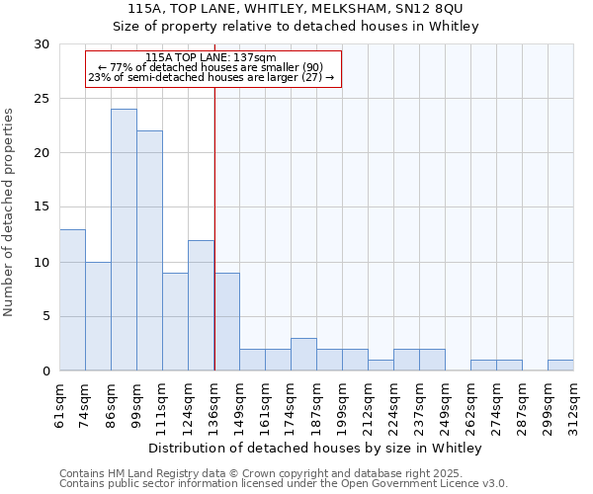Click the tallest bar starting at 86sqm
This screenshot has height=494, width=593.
[124, 240]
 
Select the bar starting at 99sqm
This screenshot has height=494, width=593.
[149, 251]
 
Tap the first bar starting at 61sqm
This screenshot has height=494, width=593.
[72, 300]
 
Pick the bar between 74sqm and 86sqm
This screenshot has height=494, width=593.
[98, 316]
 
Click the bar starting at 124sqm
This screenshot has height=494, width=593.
[201, 305]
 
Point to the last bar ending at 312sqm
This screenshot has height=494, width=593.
[560, 366]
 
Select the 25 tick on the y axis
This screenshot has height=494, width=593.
[42, 99]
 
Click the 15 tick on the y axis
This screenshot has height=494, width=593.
[42, 207]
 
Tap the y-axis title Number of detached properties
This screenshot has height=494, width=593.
[11, 207]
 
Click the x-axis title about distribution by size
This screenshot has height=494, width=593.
[316, 449]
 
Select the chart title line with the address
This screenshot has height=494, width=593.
[296, 8]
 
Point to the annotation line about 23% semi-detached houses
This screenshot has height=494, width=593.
[212, 77]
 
